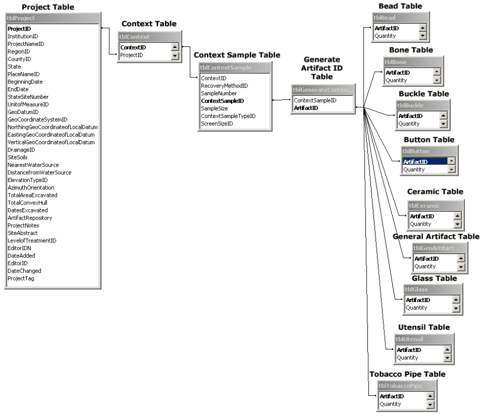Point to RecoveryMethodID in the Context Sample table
224,86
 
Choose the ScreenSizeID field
217,124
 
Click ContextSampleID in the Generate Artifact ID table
315,100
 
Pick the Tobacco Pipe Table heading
407,374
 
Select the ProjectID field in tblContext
132,55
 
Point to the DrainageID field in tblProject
22,149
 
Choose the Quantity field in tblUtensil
407,357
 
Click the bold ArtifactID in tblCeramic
422,216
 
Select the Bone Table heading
412,50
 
